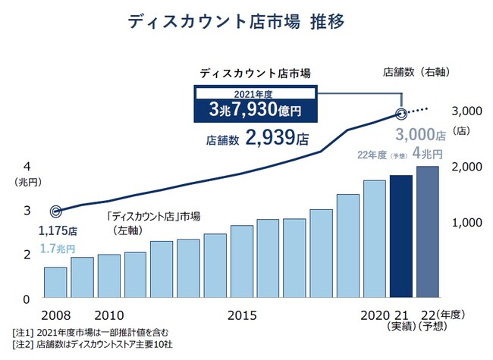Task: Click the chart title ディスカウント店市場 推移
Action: pos(247,22)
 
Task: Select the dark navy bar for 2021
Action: pos(401,236)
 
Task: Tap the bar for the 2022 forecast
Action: pos(428,231)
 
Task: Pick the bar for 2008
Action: pos(55,281)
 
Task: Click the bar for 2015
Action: pos(242,260)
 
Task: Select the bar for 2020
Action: pos(375,238)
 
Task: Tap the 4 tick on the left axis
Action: pos(27,167)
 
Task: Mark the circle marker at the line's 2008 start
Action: pos(55,211)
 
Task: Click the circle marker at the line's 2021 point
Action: pos(401,115)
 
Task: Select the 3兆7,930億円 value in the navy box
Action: pos(255,111)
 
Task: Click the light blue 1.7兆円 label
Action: pos(57,248)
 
